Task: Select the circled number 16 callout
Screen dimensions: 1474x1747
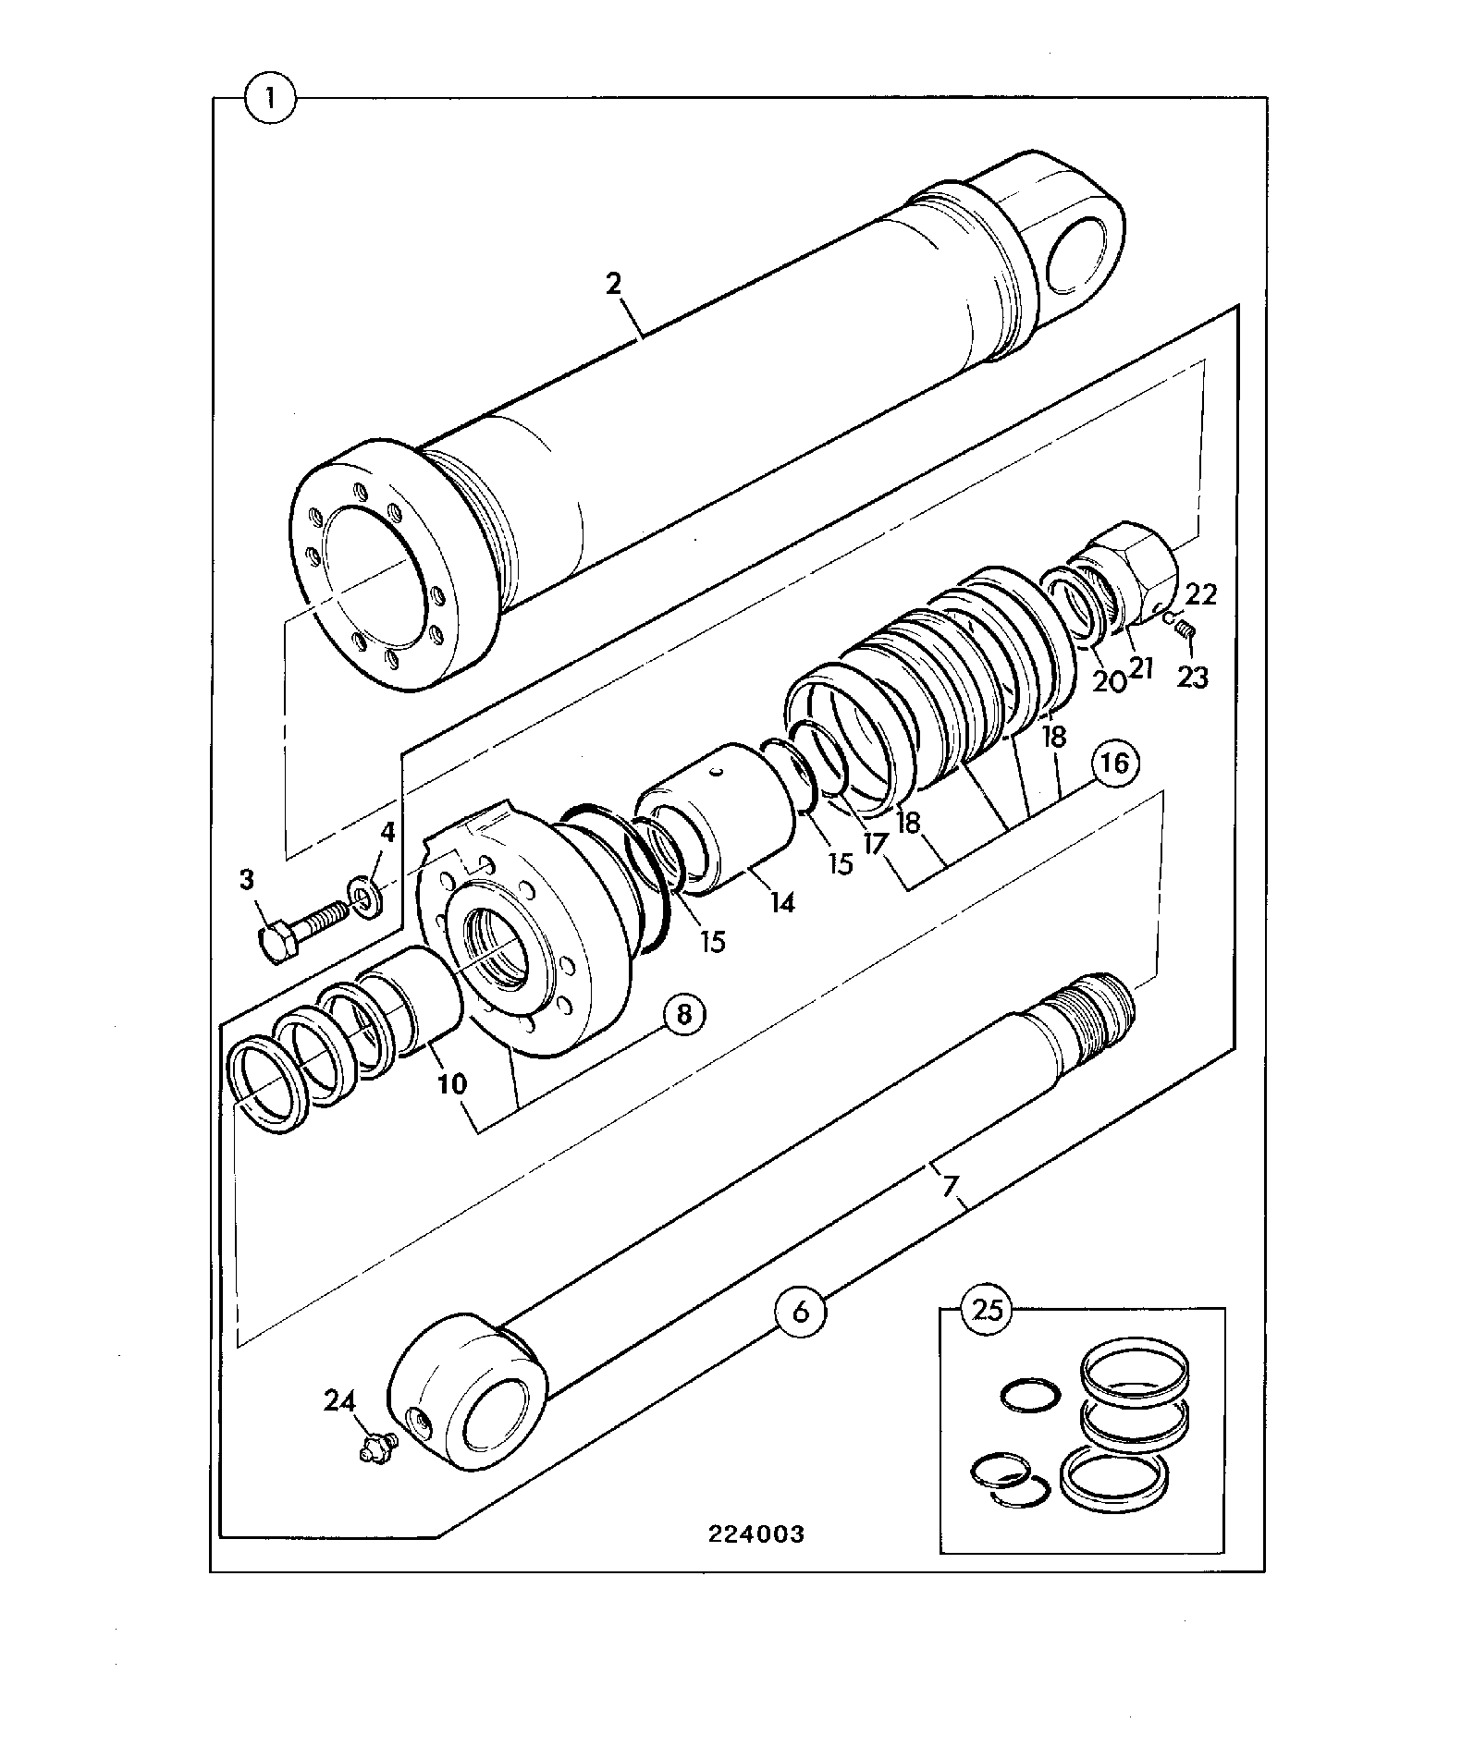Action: coord(1116,764)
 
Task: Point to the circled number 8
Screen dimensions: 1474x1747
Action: coord(683,1015)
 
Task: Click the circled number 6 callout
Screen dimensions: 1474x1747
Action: coord(802,1311)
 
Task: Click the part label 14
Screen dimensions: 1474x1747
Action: coord(782,902)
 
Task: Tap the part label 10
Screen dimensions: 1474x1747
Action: coord(452,1083)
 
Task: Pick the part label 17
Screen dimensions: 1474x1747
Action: coord(874,842)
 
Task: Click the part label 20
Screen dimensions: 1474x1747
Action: coord(1110,680)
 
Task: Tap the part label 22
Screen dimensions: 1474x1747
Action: coord(1201,593)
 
